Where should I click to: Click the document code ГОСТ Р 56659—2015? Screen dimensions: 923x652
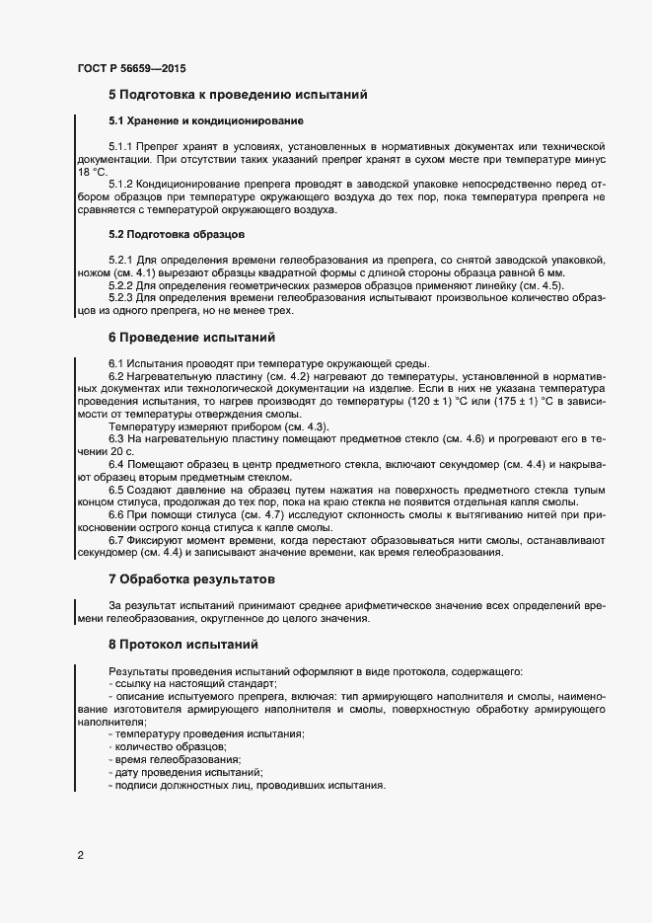click(131, 69)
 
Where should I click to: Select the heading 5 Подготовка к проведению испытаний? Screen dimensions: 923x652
click(237, 96)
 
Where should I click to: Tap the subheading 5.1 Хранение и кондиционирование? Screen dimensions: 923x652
click(205, 120)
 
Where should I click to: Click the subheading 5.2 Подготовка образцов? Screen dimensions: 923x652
click(177, 234)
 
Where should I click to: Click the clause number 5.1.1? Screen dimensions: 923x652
click(121, 146)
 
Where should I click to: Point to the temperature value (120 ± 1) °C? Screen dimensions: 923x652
click(430, 403)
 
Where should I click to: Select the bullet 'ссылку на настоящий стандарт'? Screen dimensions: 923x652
click(191, 684)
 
